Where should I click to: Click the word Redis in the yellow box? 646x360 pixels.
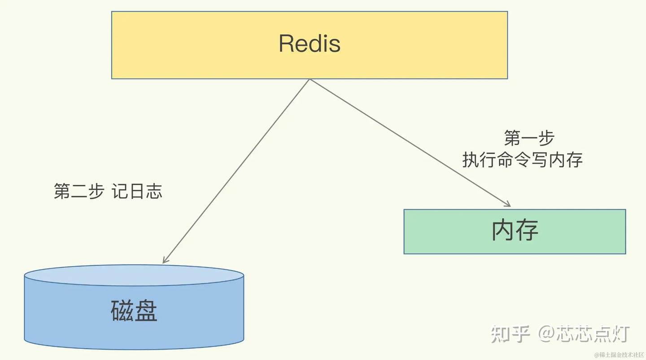click(310, 44)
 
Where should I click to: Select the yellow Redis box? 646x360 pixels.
click(310, 45)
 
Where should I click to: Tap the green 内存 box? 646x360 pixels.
click(515, 232)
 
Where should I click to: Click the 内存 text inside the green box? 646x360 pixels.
click(515, 230)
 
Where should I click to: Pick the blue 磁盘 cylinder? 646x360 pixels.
click(134, 307)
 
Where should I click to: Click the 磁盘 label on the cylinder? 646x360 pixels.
click(134, 311)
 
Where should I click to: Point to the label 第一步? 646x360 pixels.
click(529, 138)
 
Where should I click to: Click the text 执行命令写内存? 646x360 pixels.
click(522, 159)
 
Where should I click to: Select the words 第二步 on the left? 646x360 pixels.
click(79, 191)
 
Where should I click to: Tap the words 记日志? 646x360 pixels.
click(137, 191)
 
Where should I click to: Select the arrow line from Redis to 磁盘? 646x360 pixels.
click(236, 171)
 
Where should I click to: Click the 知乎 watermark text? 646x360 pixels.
click(510, 334)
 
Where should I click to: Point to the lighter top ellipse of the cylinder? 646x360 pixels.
click(134, 275)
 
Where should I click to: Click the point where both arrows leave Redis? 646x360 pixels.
click(310, 79)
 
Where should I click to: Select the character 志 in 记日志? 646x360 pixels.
click(154, 191)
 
